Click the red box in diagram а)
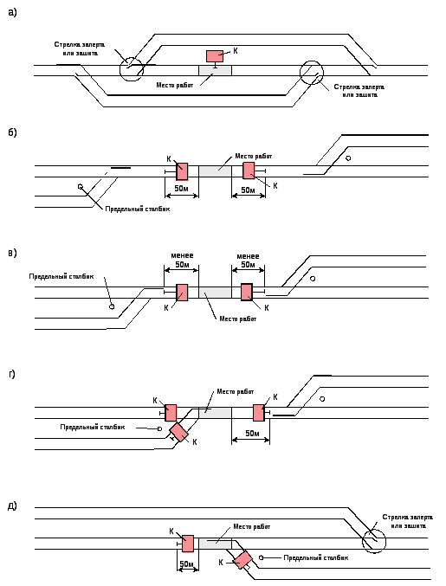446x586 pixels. [215, 56]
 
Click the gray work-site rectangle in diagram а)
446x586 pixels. [215, 70]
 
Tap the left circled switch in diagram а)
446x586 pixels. [132, 69]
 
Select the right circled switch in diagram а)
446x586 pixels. [312, 73]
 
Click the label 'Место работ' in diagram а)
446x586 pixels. [175, 85]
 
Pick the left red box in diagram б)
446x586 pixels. [182, 171]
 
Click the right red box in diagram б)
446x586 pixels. [249, 171]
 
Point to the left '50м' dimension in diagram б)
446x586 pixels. [181, 189]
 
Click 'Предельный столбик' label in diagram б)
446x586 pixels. [137, 209]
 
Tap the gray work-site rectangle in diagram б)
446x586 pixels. [215, 171]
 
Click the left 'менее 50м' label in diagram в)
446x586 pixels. [182, 261]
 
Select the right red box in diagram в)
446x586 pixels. [247, 293]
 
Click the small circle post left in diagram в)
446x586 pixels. [112, 306]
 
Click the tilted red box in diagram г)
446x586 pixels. [179, 433]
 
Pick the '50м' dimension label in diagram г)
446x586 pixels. [252, 433]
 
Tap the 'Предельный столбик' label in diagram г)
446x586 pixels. [93, 427]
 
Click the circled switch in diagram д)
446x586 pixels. [374, 541]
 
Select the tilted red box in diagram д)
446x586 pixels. [242, 559]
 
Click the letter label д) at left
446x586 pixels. [12, 506]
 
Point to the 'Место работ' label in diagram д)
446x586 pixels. [252, 526]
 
